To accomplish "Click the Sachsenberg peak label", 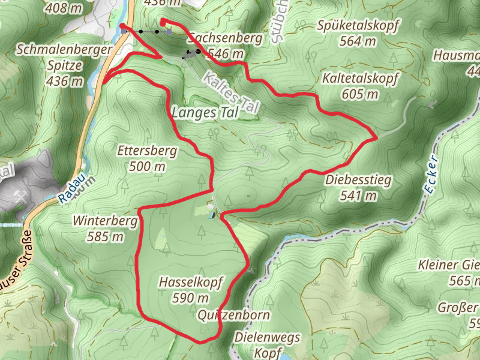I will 225,46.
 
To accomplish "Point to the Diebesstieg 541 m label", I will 359,187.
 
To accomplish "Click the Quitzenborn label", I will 233,315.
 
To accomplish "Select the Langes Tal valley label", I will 205,112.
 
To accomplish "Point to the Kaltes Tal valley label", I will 231,92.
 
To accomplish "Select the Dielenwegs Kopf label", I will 268,344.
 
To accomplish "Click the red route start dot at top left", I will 122,26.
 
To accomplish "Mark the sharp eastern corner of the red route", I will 376,137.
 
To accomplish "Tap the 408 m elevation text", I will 64,8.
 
